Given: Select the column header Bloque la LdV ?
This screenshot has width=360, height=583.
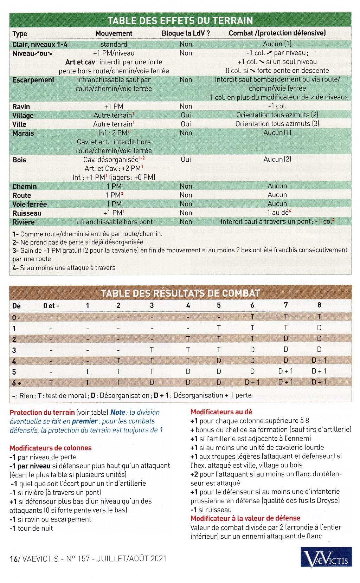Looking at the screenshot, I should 186,33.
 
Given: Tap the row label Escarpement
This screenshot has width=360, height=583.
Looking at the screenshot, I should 33,80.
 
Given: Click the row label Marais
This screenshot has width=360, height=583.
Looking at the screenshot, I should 23,133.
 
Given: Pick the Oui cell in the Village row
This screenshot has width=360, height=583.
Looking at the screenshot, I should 186,115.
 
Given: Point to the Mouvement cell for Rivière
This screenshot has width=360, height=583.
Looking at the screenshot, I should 114,222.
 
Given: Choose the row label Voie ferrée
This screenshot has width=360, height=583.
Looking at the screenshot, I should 30,204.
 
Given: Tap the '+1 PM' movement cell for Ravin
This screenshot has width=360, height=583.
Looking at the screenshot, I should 114,106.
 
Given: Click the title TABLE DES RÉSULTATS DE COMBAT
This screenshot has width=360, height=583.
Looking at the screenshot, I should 180,293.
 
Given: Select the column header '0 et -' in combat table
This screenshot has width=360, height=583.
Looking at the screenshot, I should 51,305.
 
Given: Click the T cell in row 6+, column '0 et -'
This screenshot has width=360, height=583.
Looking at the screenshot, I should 51,382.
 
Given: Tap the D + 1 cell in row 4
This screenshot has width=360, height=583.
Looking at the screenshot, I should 319,360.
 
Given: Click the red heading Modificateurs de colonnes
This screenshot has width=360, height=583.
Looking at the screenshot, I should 50,448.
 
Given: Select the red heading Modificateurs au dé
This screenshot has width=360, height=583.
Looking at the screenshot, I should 221,412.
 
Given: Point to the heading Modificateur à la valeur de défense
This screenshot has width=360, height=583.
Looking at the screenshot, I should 245,518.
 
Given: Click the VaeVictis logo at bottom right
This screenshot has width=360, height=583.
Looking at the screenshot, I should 326,559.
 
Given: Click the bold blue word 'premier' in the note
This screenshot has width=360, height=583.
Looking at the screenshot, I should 84,421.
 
